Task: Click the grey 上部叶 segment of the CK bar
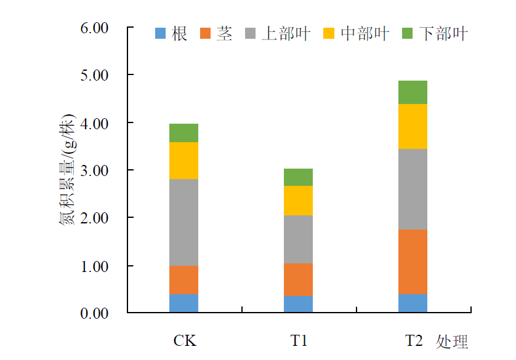coord(183,222)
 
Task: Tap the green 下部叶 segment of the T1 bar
coord(298,177)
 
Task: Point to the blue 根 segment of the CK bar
coord(183,303)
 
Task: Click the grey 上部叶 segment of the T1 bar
coord(298,239)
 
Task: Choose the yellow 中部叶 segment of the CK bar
coord(183,161)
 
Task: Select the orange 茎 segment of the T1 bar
coord(298,279)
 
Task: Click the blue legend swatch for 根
coord(161,33)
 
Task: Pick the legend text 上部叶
coord(286,33)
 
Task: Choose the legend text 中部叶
coord(365,33)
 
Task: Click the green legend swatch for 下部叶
coord(407,33)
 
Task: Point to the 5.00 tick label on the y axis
coord(94,75)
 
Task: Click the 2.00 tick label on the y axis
coord(94,218)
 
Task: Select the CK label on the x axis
coord(185,340)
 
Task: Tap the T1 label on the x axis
coord(299,340)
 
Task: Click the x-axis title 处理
coord(452,342)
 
